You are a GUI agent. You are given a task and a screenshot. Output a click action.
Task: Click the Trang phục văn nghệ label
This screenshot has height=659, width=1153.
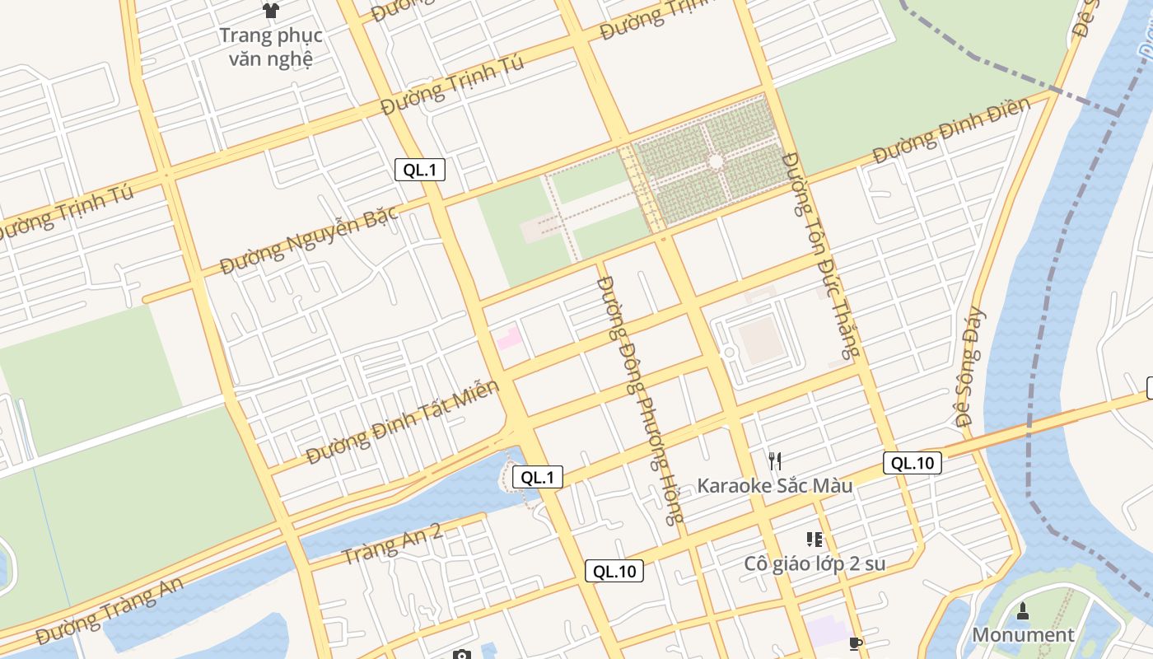[270, 47]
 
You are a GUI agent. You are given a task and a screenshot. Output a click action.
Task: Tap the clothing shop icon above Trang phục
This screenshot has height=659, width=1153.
[270, 11]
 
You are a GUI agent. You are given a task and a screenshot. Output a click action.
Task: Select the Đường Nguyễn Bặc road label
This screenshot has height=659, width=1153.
[309, 240]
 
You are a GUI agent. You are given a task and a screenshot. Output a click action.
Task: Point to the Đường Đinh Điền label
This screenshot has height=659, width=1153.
[951, 130]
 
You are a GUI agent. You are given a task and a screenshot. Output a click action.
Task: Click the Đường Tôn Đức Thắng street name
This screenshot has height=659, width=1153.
[819, 255]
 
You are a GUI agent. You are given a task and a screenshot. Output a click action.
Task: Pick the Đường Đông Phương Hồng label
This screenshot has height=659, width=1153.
[641, 400]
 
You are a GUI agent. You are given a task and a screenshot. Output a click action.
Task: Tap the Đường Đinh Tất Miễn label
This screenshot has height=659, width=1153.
[403, 422]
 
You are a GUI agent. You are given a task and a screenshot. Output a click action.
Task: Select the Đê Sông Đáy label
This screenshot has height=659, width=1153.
[971, 367]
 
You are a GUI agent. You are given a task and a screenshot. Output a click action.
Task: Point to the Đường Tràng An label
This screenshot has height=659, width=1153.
[109, 610]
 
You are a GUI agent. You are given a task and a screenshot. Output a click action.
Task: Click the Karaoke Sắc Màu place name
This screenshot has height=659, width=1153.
[774, 485]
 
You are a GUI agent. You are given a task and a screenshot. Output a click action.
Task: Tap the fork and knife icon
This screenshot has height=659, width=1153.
[774, 460]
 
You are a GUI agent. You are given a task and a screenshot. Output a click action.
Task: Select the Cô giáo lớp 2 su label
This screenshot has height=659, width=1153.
[814, 563]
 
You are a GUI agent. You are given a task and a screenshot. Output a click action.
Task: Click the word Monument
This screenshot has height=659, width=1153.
[1023, 634]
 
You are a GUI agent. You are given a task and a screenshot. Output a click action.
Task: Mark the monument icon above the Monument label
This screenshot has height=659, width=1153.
[1023, 610]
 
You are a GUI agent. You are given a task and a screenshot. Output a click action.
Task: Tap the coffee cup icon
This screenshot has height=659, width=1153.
[855, 643]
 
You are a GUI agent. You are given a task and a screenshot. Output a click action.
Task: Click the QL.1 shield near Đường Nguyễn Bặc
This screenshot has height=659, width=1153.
[419, 170]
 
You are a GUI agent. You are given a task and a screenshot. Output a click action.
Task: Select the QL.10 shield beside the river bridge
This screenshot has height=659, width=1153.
[913, 463]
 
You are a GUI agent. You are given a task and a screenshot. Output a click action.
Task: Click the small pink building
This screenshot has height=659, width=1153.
[508, 338]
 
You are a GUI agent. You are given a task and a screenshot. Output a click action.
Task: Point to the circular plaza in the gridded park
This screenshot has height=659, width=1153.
[716, 161]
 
